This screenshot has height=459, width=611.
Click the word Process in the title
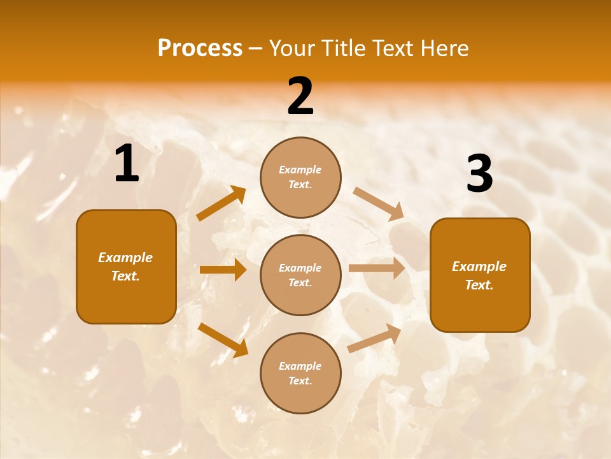200,48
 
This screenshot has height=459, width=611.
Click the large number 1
127,164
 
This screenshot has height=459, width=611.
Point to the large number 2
300,96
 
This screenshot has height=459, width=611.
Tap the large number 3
479,174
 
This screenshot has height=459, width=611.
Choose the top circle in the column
300,177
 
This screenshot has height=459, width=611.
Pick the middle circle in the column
300,275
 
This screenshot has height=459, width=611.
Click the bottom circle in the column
300,374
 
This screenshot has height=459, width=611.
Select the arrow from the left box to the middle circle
223,270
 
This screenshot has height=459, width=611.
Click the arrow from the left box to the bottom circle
223,339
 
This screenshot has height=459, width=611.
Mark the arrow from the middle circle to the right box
377,268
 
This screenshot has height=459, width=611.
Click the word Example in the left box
125,258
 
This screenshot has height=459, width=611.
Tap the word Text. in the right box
479,285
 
